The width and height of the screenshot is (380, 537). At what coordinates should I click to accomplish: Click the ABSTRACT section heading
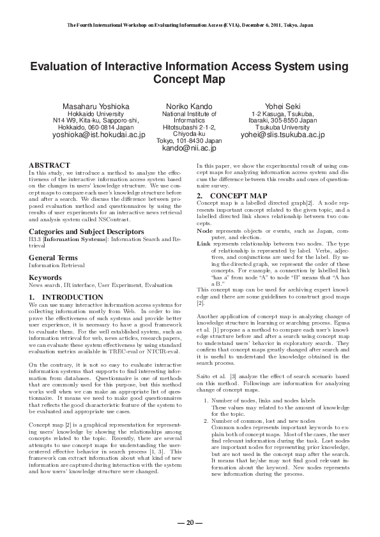coord(49,164)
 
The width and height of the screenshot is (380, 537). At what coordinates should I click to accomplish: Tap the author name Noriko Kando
coord(189,105)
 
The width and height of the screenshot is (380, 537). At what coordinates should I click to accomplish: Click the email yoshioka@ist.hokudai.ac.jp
coord(99,135)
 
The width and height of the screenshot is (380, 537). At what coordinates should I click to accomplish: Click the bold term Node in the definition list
coord(204,230)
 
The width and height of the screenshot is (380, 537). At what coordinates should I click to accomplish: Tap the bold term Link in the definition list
coord(204,244)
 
